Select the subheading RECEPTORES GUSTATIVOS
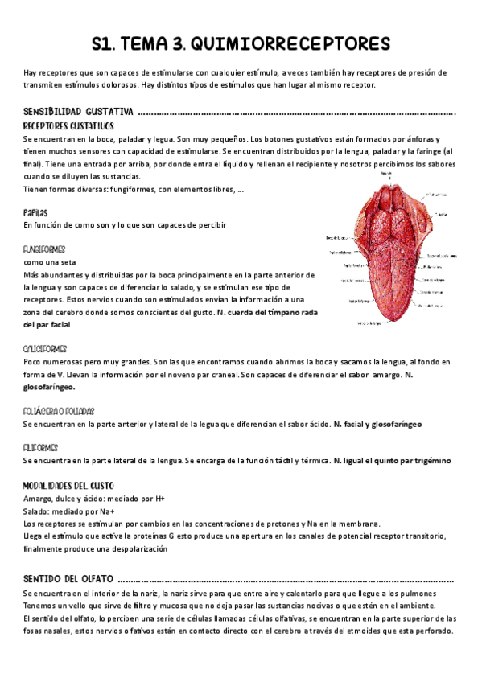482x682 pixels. [68, 126]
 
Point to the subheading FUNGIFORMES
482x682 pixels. [45, 249]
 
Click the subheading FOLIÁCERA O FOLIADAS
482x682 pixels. [59, 410]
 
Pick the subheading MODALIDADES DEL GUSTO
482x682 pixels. [69, 485]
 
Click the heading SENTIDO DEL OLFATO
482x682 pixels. [69, 578]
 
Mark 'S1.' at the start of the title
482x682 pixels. [108, 42]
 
